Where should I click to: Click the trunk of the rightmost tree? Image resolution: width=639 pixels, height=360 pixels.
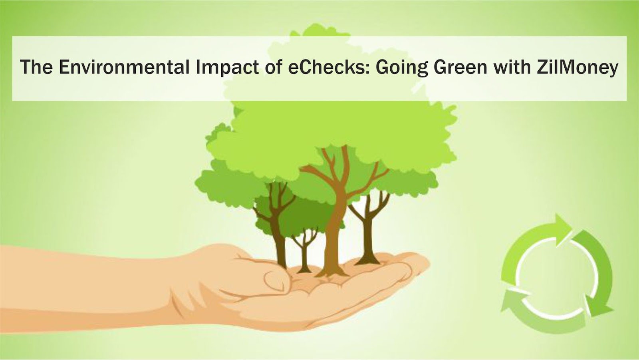368,240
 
